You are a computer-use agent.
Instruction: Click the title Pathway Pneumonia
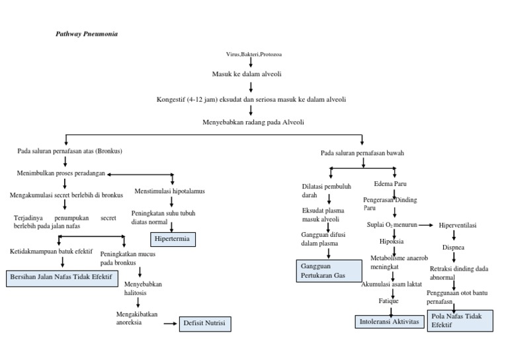click(87, 33)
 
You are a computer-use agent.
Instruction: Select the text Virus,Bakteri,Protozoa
click(250, 54)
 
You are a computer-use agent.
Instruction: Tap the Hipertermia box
click(174, 238)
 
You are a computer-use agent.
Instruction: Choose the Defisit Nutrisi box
click(206, 324)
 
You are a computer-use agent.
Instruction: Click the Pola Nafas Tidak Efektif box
click(459, 320)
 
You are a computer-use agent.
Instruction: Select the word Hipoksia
click(392, 241)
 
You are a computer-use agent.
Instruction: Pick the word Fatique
click(388, 301)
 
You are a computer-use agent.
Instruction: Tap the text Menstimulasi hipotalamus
click(170, 191)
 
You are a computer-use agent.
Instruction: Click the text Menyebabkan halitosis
click(143, 289)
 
